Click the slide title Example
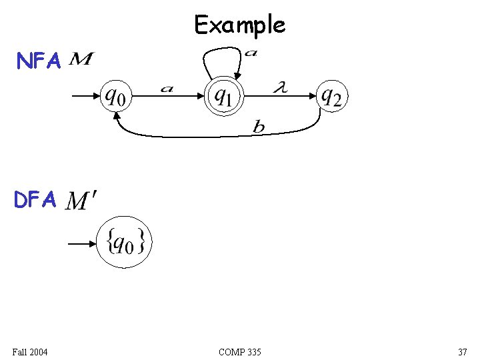pyautogui.click(x=239, y=25)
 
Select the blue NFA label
pyautogui.click(x=39, y=62)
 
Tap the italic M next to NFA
pyautogui.click(x=81, y=61)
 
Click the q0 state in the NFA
pyautogui.click(x=115, y=97)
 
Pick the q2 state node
pyautogui.click(x=331, y=97)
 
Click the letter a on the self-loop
pyautogui.click(x=251, y=52)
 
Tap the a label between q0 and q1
pyautogui.click(x=167, y=89)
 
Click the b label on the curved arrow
pyautogui.click(x=259, y=127)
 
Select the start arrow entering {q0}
pyautogui.click(x=83, y=244)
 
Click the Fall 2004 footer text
pyautogui.click(x=29, y=351)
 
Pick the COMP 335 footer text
pyautogui.click(x=239, y=351)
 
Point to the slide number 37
pyautogui.click(x=462, y=351)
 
